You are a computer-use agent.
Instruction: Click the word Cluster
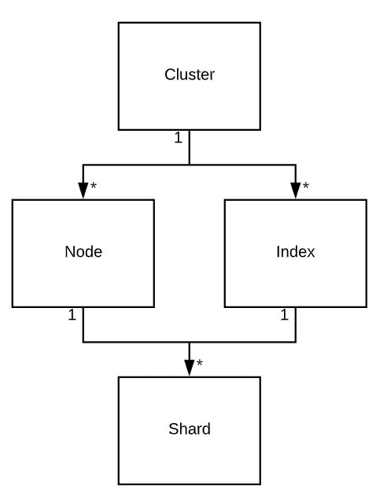190,75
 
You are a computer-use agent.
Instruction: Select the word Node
83,252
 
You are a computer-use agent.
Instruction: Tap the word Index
296,252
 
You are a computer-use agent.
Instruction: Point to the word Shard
190,429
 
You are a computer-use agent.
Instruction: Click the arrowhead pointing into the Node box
83,191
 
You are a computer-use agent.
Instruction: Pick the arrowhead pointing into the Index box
296,191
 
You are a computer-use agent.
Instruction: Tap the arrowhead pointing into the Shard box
190,368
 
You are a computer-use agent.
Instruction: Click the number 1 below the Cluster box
178,138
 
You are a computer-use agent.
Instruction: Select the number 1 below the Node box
72,315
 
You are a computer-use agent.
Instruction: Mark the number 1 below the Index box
284,315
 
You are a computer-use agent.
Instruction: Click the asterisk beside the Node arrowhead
93,185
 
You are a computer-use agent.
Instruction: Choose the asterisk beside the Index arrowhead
306,185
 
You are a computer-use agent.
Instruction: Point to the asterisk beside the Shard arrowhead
200,362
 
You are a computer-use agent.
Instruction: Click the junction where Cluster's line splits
190,165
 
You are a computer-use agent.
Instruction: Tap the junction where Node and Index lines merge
190,342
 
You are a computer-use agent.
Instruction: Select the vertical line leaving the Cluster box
190,147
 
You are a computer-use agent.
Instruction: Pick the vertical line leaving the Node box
83,325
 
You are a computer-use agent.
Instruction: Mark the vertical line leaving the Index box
296,325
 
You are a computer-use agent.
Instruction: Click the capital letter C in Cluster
170,75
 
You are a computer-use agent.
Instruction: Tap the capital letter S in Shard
173,429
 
